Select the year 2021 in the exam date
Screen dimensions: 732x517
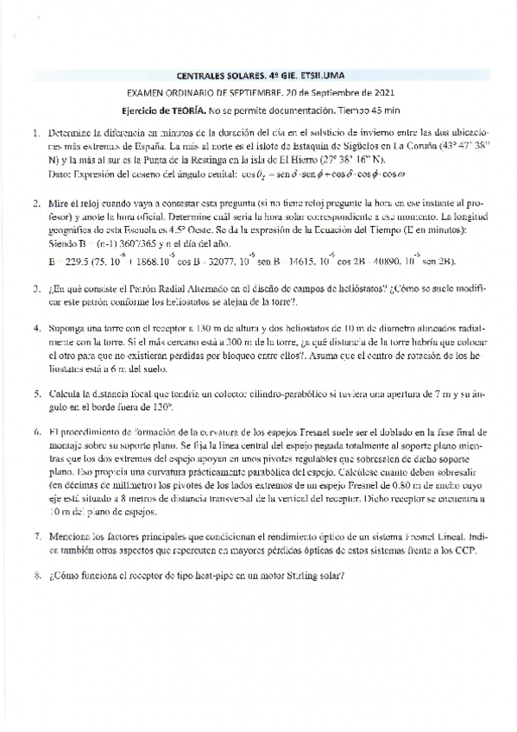point(381,92)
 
